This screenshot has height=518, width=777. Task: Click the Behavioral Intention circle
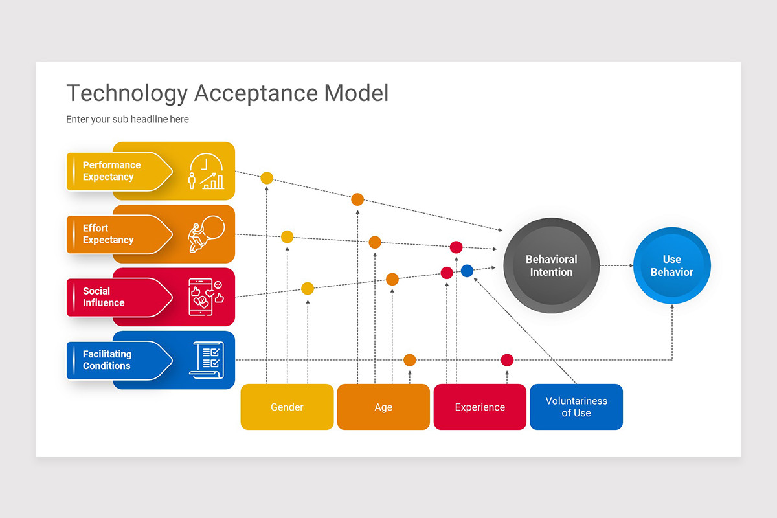click(551, 265)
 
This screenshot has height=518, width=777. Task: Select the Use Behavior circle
click(672, 265)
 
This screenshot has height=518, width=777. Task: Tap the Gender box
click(287, 407)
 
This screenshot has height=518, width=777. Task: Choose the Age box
click(383, 407)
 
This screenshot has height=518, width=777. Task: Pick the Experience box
click(480, 407)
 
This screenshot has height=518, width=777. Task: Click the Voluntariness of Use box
click(576, 407)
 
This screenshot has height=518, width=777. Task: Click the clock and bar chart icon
click(207, 171)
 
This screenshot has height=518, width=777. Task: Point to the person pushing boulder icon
click(206, 234)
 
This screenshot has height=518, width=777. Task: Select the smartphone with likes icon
click(206, 297)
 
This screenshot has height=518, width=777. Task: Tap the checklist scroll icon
click(207, 360)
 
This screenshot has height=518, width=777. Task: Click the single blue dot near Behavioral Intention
click(467, 271)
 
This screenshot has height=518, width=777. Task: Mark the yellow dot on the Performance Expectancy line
click(267, 178)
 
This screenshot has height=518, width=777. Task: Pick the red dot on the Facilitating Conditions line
click(507, 360)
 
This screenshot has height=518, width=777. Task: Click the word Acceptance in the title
click(256, 93)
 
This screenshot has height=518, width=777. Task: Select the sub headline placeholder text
click(128, 119)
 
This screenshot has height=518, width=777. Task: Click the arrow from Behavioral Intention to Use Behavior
click(616, 265)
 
